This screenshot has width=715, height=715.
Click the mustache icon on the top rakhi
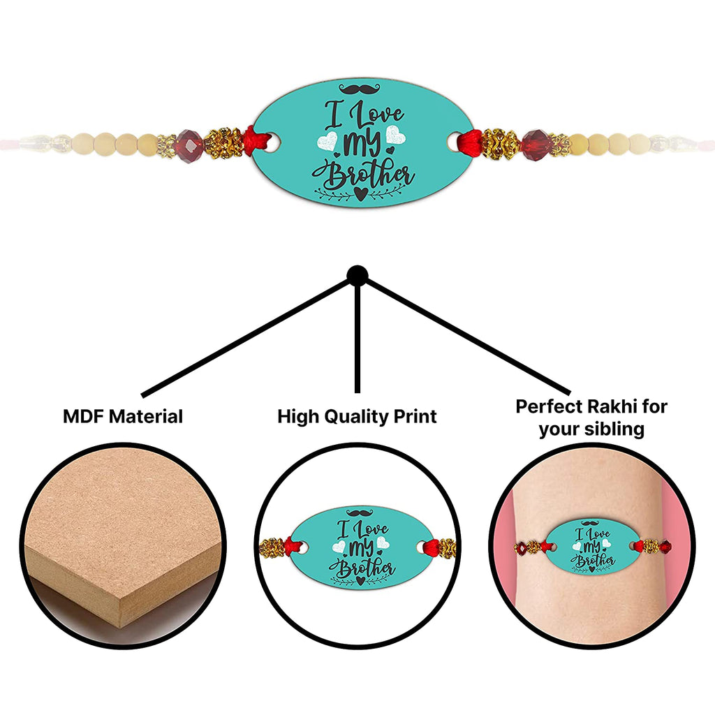click(x=357, y=89)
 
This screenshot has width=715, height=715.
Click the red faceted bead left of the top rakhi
click(x=189, y=145)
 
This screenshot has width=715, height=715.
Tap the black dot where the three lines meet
click(x=357, y=274)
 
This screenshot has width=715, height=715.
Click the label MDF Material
click(x=123, y=417)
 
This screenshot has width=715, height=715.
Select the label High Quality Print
click(x=357, y=417)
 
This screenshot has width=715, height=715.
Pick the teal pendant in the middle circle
click(x=357, y=547)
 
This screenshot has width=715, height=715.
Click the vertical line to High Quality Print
click(x=357, y=335)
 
